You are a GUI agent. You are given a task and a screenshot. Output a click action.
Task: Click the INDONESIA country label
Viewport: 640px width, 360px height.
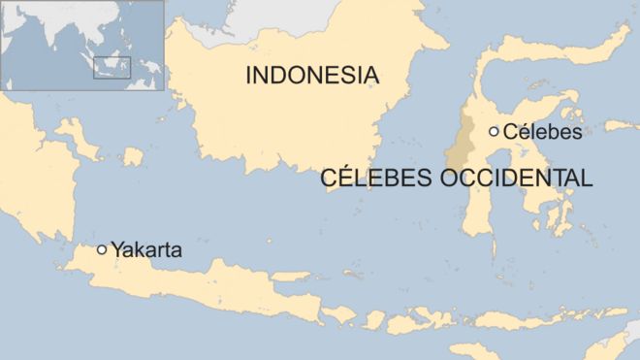point(310,75)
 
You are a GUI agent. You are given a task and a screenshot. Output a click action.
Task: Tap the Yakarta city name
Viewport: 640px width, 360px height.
point(146,249)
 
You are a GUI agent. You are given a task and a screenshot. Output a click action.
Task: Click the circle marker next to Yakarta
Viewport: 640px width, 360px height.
point(102,249)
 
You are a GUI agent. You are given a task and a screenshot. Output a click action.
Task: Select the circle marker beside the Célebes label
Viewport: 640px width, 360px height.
point(494,131)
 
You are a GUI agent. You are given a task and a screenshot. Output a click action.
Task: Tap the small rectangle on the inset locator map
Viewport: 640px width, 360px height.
point(112,67)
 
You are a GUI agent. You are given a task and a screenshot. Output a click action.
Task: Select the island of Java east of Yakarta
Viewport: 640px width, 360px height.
point(223,281)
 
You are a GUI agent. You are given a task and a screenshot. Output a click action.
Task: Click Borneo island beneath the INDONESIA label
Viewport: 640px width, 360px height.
point(291,126)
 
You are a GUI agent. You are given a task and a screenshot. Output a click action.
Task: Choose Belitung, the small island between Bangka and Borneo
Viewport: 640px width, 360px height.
point(130,156)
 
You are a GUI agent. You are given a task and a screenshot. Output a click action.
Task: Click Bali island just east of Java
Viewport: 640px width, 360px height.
point(339,313)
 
